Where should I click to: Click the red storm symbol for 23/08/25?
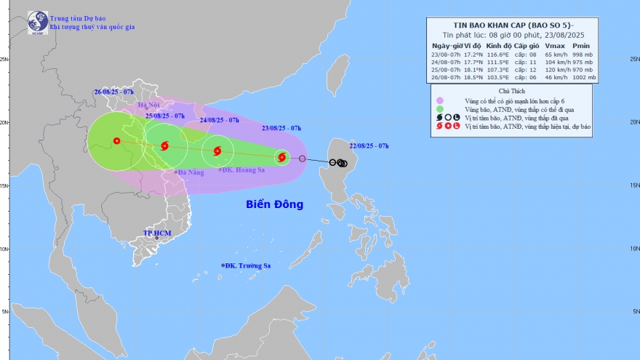[x=281, y=156]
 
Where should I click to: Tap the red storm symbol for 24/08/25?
[x=217, y=151]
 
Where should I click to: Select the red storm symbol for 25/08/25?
[x=164, y=145]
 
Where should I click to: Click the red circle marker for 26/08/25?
[x=116, y=141]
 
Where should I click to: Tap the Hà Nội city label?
[x=148, y=106]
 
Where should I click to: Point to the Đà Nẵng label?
[x=190, y=172]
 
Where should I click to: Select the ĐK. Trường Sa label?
[x=247, y=265]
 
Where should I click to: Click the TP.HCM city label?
[x=156, y=233]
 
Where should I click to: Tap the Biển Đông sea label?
[x=273, y=204]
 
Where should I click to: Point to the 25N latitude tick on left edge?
[x=4, y=59]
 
